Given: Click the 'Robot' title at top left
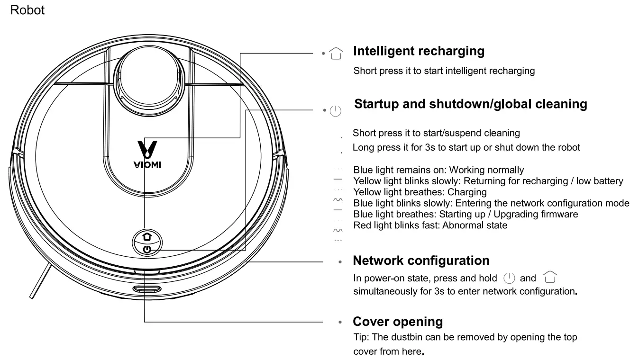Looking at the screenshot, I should click(27, 10).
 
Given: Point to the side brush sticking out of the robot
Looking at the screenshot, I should click(39, 282).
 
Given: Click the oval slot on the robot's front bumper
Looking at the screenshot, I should click(146, 289).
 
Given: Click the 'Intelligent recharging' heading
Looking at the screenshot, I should click(419, 51).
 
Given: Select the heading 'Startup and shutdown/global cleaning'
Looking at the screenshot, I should click(470, 104).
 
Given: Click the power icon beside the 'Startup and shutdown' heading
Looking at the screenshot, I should click(335, 111).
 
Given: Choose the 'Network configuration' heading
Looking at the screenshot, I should click(421, 261).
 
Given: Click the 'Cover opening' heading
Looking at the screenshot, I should click(398, 322).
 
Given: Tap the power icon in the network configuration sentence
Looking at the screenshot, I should click(509, 278).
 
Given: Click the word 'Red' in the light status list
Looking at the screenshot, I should click(362, 225).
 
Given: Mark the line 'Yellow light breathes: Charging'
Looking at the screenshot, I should click(420, 192).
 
